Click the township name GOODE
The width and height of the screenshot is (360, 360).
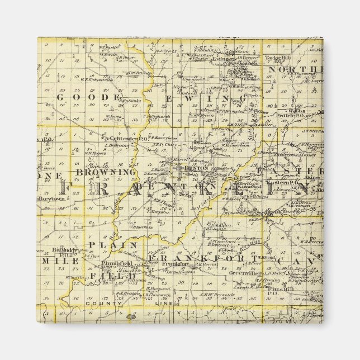tap(89, 97)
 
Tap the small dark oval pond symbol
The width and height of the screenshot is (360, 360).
tap(131, 317)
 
